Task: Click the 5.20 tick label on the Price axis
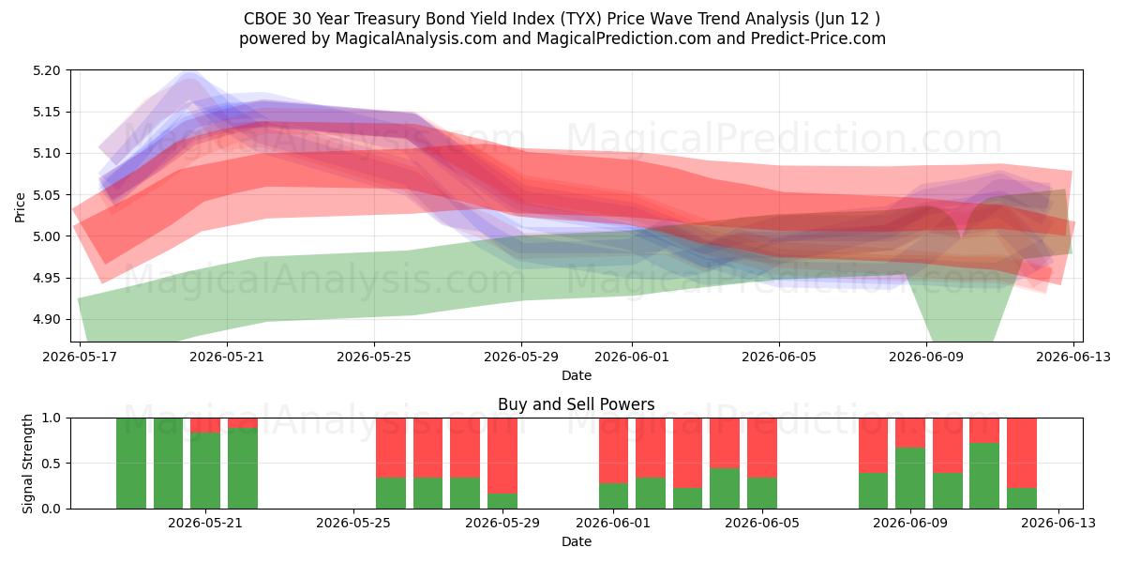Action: [x=46, y=71]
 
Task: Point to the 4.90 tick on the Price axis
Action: [x=46, y=320]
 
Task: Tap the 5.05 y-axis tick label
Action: [x=46, y=195]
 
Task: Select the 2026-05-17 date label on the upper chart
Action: [x=80, y=357]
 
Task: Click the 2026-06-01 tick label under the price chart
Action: [x=632, y=357]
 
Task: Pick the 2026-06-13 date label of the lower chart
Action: [x=1058, y=524]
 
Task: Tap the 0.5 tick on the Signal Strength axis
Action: [x=52, y=464]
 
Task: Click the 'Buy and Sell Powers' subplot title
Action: [x=576, y=404]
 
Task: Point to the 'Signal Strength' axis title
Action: [x=27, y=464]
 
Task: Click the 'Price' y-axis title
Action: [x=20, y=207]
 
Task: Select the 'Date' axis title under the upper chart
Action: [x=576, y=375]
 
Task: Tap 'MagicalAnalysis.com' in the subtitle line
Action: [x=416, y=38]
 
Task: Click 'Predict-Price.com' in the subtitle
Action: [x=818, y=38]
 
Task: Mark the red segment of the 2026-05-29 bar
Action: [x=502, y=455]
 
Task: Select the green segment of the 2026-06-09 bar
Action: [x=910, y=478]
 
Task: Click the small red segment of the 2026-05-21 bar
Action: [x=205, y=425]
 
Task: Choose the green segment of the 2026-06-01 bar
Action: [x=613, y=496]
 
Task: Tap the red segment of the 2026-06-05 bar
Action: [x=762, y=448]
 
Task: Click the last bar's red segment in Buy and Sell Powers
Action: [x=1022, y=453]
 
